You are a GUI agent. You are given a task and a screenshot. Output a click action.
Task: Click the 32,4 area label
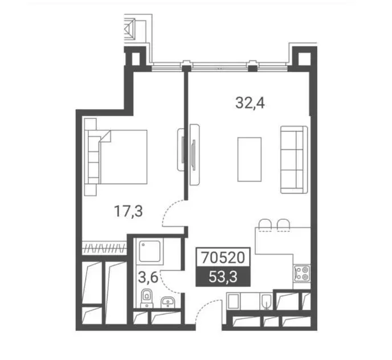point(250,103)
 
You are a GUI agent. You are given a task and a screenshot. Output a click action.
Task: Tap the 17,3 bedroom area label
point(128,211)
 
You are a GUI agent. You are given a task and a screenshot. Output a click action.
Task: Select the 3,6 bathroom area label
point(148,277)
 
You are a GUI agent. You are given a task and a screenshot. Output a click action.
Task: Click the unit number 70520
point(223,257)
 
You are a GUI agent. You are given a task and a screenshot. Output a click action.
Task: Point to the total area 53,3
point(223,277)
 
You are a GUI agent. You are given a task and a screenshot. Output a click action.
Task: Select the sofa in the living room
point(294,159)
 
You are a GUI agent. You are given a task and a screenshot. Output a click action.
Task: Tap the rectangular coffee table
point(250,159)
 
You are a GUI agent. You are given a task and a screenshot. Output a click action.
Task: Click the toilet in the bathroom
point(146,298)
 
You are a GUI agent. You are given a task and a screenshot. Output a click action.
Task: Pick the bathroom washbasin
point(168,302)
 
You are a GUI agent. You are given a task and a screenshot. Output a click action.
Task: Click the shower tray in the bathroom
point(150,251)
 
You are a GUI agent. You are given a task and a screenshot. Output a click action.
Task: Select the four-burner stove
point(302,273)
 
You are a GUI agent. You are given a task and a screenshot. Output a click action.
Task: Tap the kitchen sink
point(267,301)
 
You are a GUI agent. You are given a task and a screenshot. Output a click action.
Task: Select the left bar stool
point(265,225)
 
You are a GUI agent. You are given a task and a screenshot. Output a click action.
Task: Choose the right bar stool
point(284,225)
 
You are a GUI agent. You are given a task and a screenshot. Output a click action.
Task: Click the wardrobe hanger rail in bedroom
point(104,248)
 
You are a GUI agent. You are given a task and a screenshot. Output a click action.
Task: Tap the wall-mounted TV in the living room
point(194,155)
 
